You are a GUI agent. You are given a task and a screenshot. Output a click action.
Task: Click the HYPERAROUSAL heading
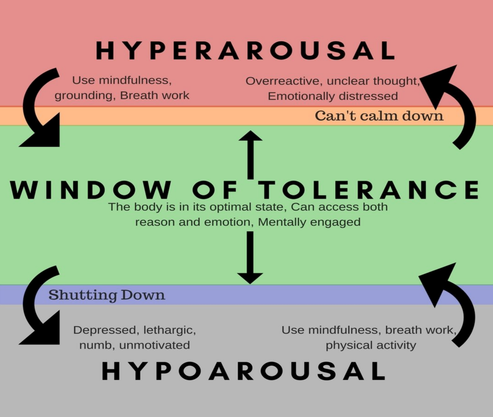(245, 51)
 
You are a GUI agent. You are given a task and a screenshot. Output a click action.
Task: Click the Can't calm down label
(379, 116)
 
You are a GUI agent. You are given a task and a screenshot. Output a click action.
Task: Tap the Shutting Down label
(107, 295)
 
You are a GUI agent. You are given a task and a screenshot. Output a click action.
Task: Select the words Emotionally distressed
(333, 96)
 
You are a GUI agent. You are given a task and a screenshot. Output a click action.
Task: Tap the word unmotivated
(155, 345)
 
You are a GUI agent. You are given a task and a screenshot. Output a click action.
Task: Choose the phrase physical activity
(371, 345)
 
